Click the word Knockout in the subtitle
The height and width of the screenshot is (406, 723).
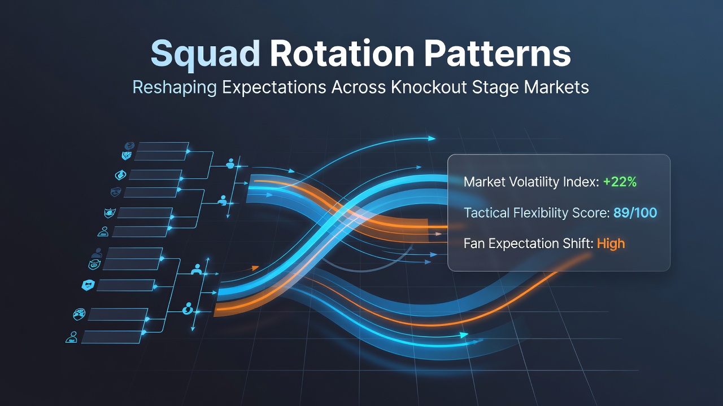click(x=429, y=87)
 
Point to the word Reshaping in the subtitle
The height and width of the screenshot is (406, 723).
click(x=175, y=88)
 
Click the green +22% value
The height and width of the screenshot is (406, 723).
click(x=620, y=182)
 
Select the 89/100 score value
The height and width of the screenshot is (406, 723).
click(x=635, y=213)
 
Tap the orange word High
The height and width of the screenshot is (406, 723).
click(x=611, y=243)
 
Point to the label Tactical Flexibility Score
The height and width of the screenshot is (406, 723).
click(x=537, y=213)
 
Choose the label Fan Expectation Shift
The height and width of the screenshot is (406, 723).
click(x=528, y=244)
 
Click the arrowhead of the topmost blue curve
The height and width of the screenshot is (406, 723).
click(x=432, y=139)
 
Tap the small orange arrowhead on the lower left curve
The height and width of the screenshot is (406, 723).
click(x=255, y=268)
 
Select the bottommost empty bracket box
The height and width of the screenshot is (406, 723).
click(x=112, y=337)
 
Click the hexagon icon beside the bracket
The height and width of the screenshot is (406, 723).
click(x=88, y=285)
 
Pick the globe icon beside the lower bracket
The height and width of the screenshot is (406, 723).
click(x=79, y=314)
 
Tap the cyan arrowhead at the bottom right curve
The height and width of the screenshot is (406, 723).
click(x=464, y=335)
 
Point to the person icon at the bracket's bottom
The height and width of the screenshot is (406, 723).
click(x=71, y=337)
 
